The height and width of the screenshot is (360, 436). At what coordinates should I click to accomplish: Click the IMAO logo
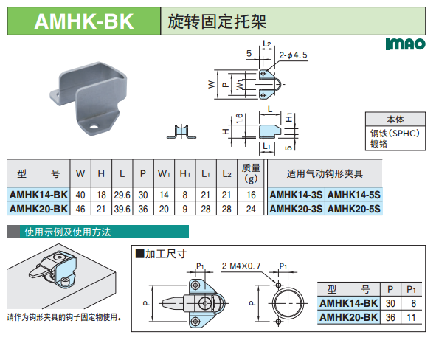click(406, 44)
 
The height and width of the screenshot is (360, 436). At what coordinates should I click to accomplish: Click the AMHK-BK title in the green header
click(84, 21)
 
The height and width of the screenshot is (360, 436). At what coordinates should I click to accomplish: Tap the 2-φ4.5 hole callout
click(293, 55)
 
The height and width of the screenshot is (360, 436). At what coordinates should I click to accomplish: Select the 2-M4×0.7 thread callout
click(241, 266)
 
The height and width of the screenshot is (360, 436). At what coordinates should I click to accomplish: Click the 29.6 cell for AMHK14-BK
click(122, 195)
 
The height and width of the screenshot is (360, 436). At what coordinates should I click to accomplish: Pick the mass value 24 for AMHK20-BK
click(251, 209)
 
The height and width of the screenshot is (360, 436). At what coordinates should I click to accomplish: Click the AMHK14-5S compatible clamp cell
click(353, 195)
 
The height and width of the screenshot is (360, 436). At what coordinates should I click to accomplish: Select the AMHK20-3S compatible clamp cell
click(296, 209)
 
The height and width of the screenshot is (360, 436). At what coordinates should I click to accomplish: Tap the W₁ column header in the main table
click(164, 174)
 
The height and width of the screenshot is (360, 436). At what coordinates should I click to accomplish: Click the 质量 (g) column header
click(251, 173)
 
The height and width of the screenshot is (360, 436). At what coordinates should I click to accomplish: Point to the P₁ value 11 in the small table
click(411, 317)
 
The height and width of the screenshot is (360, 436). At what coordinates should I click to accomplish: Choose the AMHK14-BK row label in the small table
click(349, 303)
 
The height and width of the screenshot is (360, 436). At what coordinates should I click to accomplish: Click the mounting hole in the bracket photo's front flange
click(94, 127)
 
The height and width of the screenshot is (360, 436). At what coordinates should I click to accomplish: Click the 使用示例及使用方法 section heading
click(68, 232)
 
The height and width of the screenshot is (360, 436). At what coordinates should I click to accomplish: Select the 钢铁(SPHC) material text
click(395, 134)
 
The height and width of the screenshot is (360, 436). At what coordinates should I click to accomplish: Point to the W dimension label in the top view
click(212, 84)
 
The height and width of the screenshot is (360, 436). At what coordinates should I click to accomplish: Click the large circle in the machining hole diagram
click(288, 303)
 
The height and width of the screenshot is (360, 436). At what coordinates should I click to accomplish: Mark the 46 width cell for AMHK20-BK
click(80, 209)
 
